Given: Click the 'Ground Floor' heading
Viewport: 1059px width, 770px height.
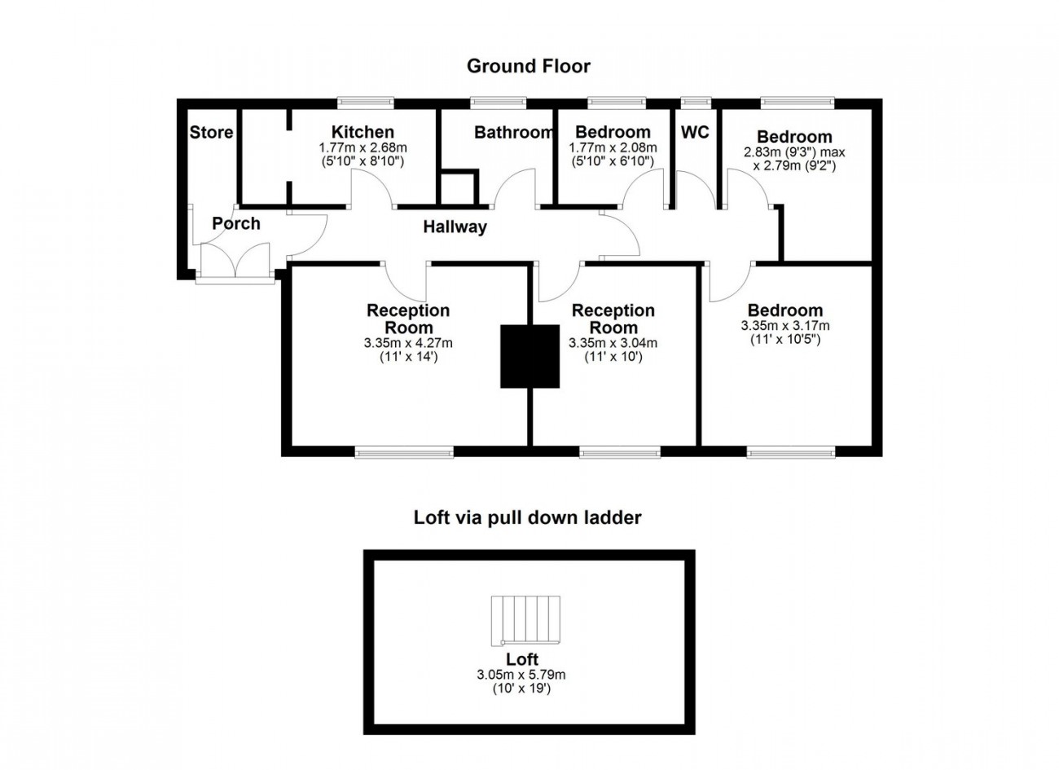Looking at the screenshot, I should pyautogui.click(x=528, y=66).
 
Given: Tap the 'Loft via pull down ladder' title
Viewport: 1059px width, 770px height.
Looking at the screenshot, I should pyautogui.click(x=527, y=517).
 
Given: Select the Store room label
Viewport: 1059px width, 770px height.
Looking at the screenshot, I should pyautogui.click(x=211, y=132).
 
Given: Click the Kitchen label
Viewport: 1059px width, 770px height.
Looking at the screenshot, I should pyautogui.click(x=363, y=132).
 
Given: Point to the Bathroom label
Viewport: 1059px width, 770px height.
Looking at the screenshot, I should pyautogui.click(x=513, y=132).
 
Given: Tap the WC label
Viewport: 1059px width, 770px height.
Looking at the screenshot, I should pyautogui.click(x=695, y=132).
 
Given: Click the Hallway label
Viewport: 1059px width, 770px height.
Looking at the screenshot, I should pyautogui.click(x=455, y=227).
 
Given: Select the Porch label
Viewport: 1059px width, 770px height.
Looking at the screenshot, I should pyautogui.click(x=236, y=223).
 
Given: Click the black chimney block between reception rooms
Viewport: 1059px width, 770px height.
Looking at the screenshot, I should pyautogui.click(x=529, y=356).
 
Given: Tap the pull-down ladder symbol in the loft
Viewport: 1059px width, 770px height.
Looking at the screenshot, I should pyautogui.click(x=526, y=619).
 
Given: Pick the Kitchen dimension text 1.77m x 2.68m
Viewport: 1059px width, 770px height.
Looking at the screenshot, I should pyautogui.click(x=363, y=147).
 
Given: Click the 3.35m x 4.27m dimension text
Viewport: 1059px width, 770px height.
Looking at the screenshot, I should pyautogui.click(x=408, y=343).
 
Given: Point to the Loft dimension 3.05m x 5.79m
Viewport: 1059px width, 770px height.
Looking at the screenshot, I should pyautogui.click(x=521, y=675).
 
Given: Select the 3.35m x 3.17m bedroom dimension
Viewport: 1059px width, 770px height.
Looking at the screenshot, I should pyautogui.click(x=785, y=326).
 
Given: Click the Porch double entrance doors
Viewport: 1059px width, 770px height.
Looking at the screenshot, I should pyautogui.click(x=235, y=262).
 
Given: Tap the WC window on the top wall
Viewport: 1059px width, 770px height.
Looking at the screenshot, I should pyautogui.click(x=695, y=102).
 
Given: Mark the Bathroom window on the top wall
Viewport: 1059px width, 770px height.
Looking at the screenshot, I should pyautogui.click(x=498, y=102).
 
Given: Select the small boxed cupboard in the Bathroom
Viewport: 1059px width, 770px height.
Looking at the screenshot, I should pyautogui.click(x=456, y=187).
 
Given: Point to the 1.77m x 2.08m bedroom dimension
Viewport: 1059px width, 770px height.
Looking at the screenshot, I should pyautogui.click(x=613, y=147).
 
